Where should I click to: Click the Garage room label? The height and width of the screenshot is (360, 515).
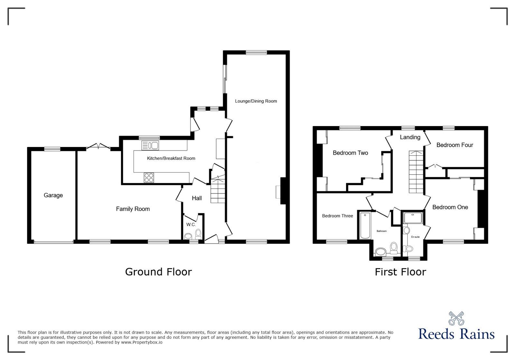click(x=53, y=195)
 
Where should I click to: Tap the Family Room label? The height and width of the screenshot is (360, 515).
click(x=133, y=209)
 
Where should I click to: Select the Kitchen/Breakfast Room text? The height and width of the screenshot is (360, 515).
click(x=171, y=158)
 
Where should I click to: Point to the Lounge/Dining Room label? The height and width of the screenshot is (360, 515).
click(x=256, y=101)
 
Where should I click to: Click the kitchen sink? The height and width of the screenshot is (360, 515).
click(x=150, y=145)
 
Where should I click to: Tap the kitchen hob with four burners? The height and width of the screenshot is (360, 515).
click(x=149, y=178)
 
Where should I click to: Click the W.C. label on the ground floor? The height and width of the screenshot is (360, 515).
click(x=191, y=225)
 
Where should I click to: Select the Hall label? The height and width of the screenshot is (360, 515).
click(x=197, y=198)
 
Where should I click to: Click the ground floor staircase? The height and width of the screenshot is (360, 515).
click(x=218, y=189)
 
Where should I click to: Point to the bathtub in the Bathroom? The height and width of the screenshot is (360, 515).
click(x=365, y=226)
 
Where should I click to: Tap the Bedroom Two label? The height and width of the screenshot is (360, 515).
click(x=351, y=153)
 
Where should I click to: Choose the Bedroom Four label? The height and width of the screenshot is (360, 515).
click(x=454, y=145)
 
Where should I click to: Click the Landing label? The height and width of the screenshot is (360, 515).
click(x=410, y=137)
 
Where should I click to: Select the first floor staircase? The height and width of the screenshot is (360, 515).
click(x=416, y=172)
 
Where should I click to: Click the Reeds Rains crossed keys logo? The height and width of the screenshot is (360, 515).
click(x=456, y=318)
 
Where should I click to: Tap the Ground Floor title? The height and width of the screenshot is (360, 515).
click(x=158, y=272)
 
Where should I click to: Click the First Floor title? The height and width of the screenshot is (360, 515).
click(x=400, y=272)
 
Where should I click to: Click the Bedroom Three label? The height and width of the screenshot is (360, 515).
click(x=337, y=216)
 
